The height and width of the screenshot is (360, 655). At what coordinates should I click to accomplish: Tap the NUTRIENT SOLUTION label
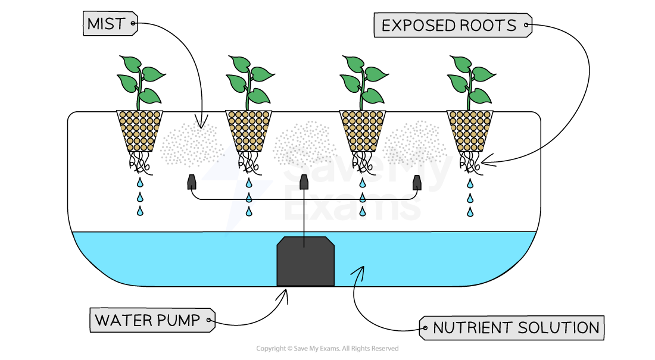511,328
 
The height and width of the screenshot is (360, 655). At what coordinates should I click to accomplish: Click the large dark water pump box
305,261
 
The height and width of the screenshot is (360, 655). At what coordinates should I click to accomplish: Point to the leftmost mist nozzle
192,182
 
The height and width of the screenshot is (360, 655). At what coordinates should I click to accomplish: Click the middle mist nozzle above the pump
304,182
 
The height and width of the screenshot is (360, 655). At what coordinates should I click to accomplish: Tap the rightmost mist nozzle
416,182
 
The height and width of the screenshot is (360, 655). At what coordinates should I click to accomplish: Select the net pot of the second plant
249,130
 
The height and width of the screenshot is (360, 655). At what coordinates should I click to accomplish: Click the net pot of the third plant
362,130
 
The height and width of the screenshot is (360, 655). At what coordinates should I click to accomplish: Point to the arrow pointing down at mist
201,123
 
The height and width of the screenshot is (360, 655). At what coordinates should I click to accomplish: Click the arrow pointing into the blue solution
358,273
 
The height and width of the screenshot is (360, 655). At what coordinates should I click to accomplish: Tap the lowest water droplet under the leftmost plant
140,211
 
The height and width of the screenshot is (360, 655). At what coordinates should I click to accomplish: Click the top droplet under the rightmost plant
470,183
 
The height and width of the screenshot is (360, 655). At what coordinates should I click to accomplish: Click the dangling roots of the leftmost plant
141,162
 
